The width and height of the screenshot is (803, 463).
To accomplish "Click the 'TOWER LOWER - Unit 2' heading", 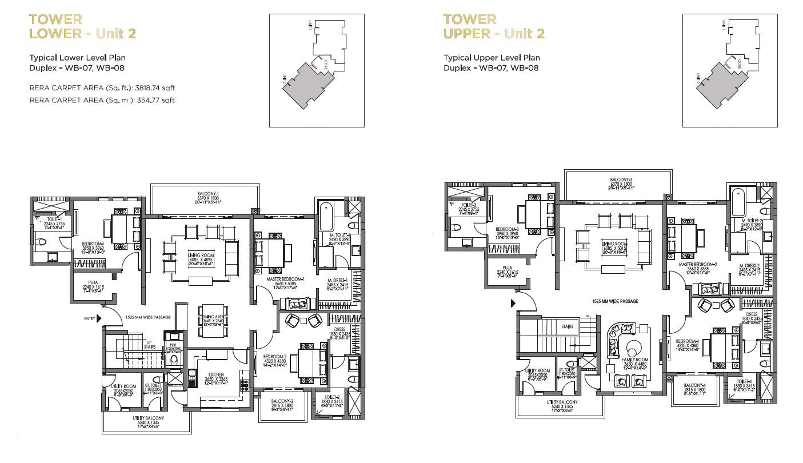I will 82,27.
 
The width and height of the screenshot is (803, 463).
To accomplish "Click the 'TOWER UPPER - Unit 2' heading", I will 494,27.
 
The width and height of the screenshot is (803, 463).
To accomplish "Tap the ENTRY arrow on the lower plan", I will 99,318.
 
